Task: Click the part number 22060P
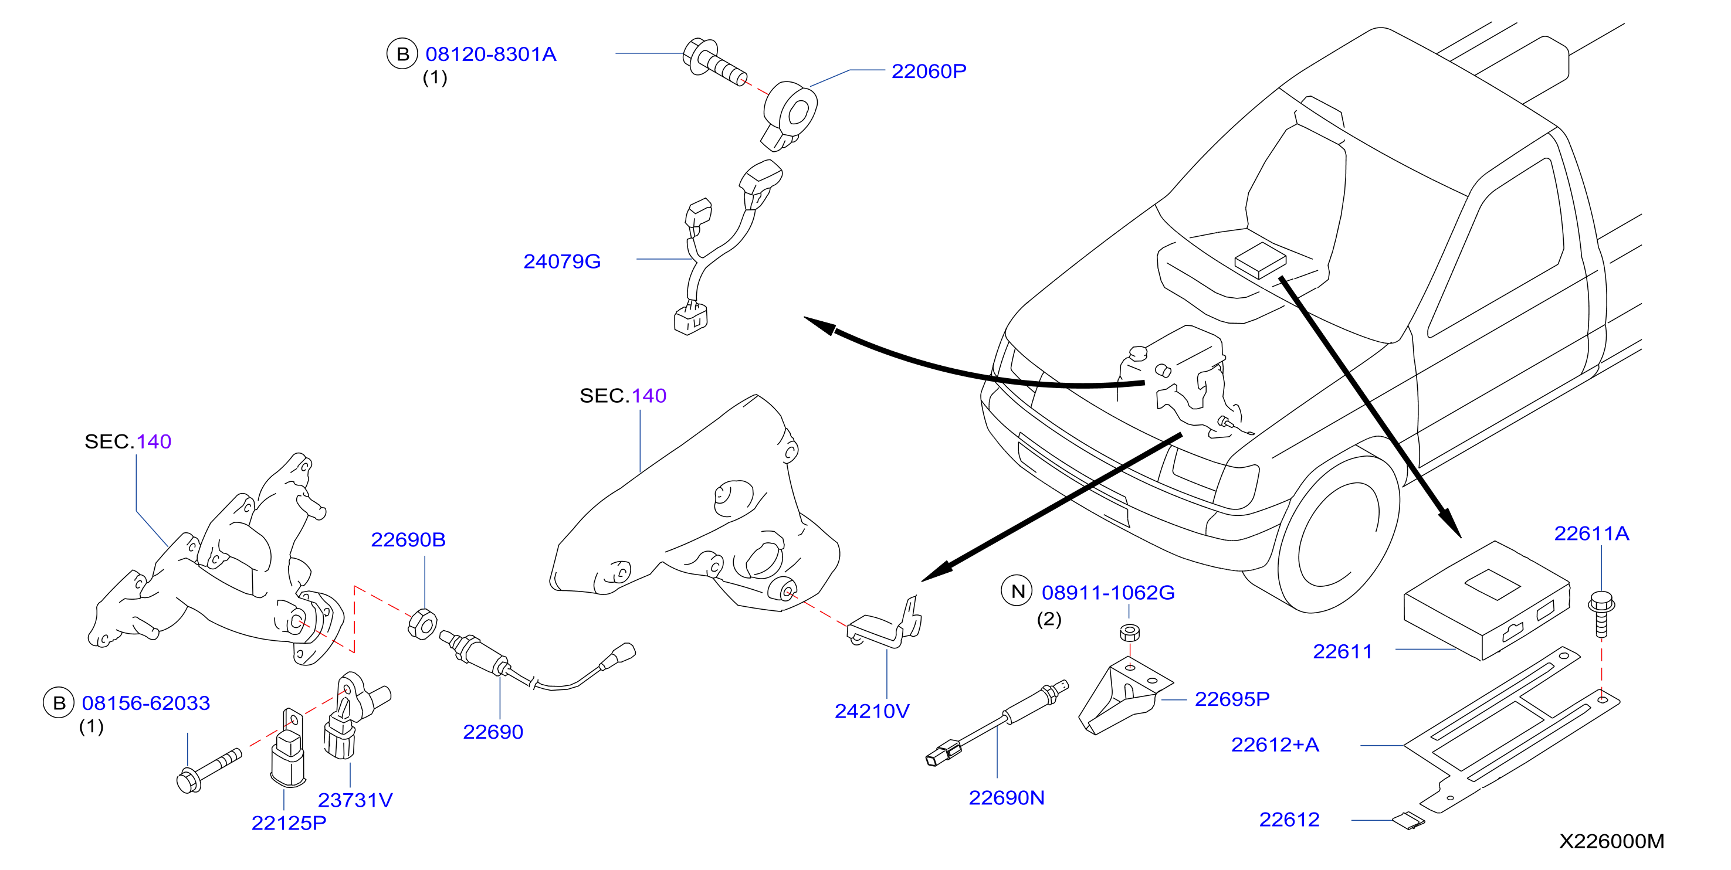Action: pos(929,71)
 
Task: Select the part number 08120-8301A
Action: pos(490,55)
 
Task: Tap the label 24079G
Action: pos(562,261)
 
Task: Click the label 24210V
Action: pos(872,711)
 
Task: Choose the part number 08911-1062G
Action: pos(1108,593)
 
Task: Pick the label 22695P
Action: pos(1232,699)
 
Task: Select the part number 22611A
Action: pos(1591,533)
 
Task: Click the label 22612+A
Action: pos(1275,745)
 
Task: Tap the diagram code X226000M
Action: pos(1611,841)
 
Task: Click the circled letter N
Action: pos(1017,591)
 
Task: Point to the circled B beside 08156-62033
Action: pos(59,703)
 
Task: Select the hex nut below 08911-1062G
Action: pos(1130,632)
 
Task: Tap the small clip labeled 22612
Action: pos(1408,820)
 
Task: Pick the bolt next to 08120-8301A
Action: pos(715,62)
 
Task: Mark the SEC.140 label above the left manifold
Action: pos(128,441)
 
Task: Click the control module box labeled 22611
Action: pos(1487,601)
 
